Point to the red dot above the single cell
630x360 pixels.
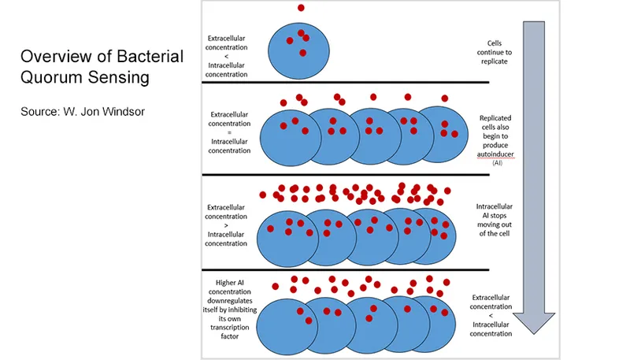(301, 8)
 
